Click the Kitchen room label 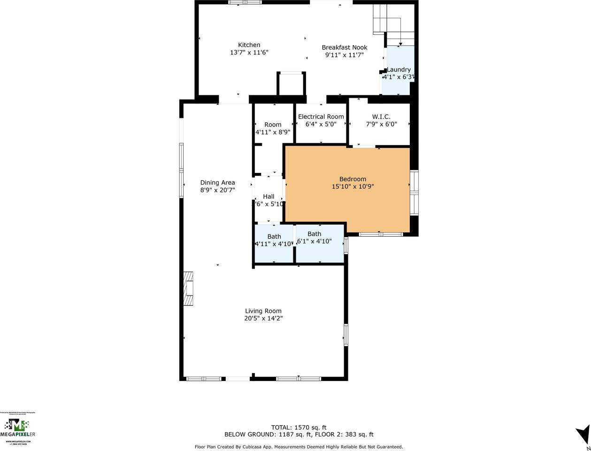pos(249,45)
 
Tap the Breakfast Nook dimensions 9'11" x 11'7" pos(345,55)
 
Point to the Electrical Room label pos(321,117)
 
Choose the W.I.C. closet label pos(381,117)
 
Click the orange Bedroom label pos(353,179)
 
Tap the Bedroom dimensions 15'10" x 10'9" pos(353,187)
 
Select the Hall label pos(269,196)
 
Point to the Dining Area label pos(217,183)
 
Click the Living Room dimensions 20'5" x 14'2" pos(263,319)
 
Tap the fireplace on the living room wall pos(188,288)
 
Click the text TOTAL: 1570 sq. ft pos(299,427)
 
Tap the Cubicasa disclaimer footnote pos(299,447)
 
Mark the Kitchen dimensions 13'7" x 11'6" pos(249,53)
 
